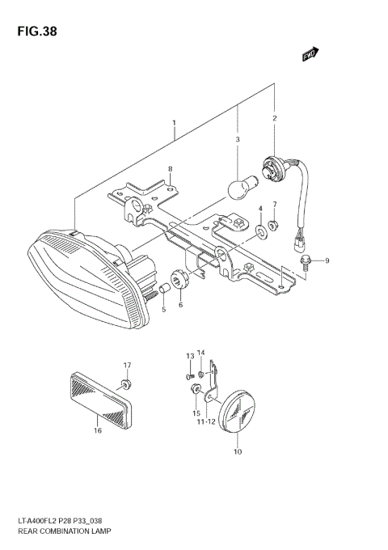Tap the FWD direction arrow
tap(310, 54)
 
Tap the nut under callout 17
tap(126, 383)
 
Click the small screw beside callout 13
tap(189, 374)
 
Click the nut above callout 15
tap(196, 391)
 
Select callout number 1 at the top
tap(175, 123)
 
